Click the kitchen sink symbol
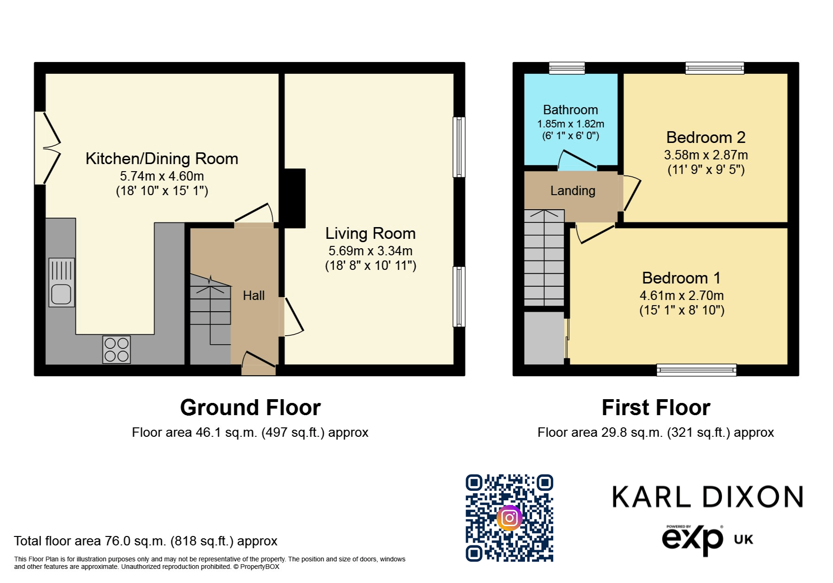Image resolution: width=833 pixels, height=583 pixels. coord(62,283)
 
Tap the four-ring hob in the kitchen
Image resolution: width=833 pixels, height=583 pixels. coord(117,349)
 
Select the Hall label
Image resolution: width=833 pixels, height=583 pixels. coord(254,296)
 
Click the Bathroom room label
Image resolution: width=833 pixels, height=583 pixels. coord(571,110)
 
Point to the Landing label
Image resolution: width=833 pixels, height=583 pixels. coord(572,191)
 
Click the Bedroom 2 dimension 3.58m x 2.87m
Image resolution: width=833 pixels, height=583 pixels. coord(706,155)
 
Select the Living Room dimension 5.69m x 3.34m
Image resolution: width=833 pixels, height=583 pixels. coord(370,251)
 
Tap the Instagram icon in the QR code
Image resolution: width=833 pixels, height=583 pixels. coord(509,518)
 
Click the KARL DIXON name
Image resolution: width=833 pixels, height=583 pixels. coord(707,497)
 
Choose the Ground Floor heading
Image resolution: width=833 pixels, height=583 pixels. coord(250,408)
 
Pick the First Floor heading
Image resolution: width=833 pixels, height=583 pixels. coord(656,408)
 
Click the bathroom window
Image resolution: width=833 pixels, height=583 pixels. coord(567,68)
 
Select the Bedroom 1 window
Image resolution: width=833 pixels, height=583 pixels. coord(696,370)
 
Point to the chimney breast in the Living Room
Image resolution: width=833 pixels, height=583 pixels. coord(295,198)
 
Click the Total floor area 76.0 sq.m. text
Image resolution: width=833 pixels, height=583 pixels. coord(145,541)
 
